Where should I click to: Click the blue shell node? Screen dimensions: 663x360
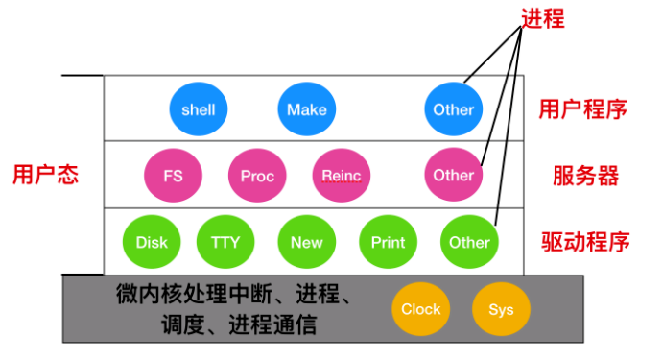pos(199,109)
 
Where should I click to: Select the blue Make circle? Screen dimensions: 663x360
pos(306,109)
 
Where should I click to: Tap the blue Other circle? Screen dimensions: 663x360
pos(453,109)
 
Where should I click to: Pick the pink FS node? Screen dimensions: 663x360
pos(173,175)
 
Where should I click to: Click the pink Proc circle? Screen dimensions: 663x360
pos(257,175)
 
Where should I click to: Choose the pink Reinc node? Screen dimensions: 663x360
pos(342,175)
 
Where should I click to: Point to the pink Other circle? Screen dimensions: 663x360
pos(453,175)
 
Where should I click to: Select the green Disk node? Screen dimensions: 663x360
pos(152,242)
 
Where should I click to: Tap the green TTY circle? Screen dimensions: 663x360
pos(225,242)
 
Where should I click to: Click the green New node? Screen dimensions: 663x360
pos(306,242)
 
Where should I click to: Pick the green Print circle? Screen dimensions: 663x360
pos(388,242)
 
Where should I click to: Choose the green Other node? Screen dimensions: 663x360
pos(469,242)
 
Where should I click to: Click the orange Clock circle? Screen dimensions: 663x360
pos(420,309)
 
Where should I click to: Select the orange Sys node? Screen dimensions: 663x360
pos(501,309)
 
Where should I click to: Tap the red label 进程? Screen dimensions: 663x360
pos(543,19)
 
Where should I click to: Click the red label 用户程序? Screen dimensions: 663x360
pos(582,109)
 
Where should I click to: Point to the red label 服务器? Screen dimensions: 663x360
pos(585,176)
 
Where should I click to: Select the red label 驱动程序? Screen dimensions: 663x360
pos(585,242)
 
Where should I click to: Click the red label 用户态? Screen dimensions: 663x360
pos(46,175)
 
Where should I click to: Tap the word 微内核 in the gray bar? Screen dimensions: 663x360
pos(150,294)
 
